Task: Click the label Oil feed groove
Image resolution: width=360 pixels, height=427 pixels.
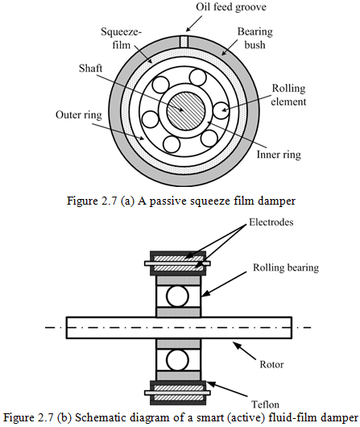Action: point(231,7)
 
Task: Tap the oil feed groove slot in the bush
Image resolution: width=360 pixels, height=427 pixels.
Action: point(184,41)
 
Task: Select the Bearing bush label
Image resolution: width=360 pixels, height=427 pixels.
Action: point(254,38)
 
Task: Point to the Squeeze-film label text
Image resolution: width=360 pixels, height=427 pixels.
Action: point(121,38)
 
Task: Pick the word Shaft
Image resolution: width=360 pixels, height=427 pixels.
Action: point(90,68)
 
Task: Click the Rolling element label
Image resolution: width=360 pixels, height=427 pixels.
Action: point(288,95)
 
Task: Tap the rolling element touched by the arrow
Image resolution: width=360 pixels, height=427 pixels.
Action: point(221,110)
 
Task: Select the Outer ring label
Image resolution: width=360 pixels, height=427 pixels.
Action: point(79,115)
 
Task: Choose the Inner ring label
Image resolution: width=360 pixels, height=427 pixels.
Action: point(279,155)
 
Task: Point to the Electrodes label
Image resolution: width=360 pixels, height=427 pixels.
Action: point(271,222)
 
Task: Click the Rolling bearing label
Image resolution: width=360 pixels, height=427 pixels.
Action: point(286,267)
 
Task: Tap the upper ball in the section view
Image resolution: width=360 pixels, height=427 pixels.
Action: point(177,296)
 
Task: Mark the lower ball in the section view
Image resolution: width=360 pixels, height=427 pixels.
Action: point(177,359)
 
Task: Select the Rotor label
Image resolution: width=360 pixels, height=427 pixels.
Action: point(271,365)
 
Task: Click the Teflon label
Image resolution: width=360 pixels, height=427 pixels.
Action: point(265,404)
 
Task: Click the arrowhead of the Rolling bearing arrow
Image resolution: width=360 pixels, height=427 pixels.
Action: point(205,293)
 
